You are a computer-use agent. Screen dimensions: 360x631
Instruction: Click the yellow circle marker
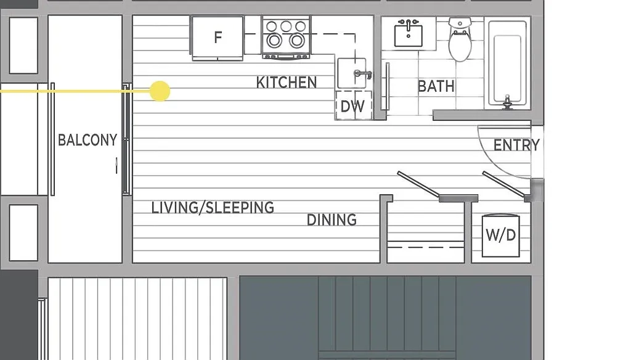point(160,91)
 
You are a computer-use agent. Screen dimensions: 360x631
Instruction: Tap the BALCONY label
point(87,140)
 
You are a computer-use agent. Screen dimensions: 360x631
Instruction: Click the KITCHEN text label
point(287,82)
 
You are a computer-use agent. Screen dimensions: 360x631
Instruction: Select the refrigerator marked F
point(217,38)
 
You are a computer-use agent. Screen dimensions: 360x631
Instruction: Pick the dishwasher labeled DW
point(352,106)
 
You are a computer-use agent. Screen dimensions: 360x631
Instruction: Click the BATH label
point(436,86)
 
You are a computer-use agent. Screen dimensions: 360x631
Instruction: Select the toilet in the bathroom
point(459,41)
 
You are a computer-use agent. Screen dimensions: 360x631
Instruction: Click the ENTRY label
point(516,145)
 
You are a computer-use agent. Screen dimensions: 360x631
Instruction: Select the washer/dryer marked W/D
point(500,235)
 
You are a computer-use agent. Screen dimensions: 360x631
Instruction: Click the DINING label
point(332,219)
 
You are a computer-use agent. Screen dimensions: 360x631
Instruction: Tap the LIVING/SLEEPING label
point(213,207)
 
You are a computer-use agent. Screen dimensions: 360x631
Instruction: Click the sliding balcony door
point(126,139)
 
